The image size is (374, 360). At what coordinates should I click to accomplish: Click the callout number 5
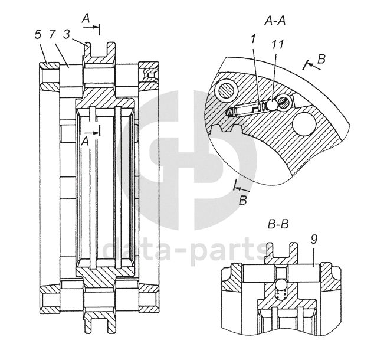38,35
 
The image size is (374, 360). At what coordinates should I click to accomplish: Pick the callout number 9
314,240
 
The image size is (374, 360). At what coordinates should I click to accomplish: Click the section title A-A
275,22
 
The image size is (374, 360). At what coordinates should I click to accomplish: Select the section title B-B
277,225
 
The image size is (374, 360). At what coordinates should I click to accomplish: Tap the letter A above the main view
86,19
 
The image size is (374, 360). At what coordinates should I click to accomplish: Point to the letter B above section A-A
321,59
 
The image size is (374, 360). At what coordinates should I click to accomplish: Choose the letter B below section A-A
242,201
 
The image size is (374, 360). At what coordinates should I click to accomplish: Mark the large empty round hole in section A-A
305,123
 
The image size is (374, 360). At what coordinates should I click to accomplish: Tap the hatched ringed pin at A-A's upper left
226,90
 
